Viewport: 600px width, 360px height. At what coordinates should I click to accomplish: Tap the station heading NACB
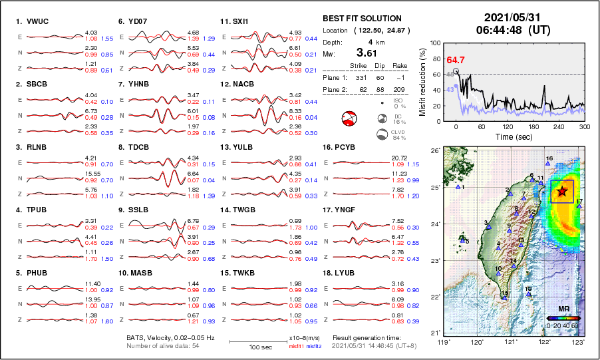pyautogui.click(x=239, y=85)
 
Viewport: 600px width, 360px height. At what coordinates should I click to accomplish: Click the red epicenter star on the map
pyautogui.click(x=563, y=192)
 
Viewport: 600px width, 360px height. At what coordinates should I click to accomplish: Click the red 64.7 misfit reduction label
pyautogui.click(x=455, y=60)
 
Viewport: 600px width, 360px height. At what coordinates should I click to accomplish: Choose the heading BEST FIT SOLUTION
pyautogui.click(x=362, y=19)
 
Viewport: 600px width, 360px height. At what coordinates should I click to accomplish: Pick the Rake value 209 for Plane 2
pyautogui.click(x=398, y=89)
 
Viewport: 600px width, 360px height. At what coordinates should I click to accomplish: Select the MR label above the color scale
pyautogui.click(x=562, y=309)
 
